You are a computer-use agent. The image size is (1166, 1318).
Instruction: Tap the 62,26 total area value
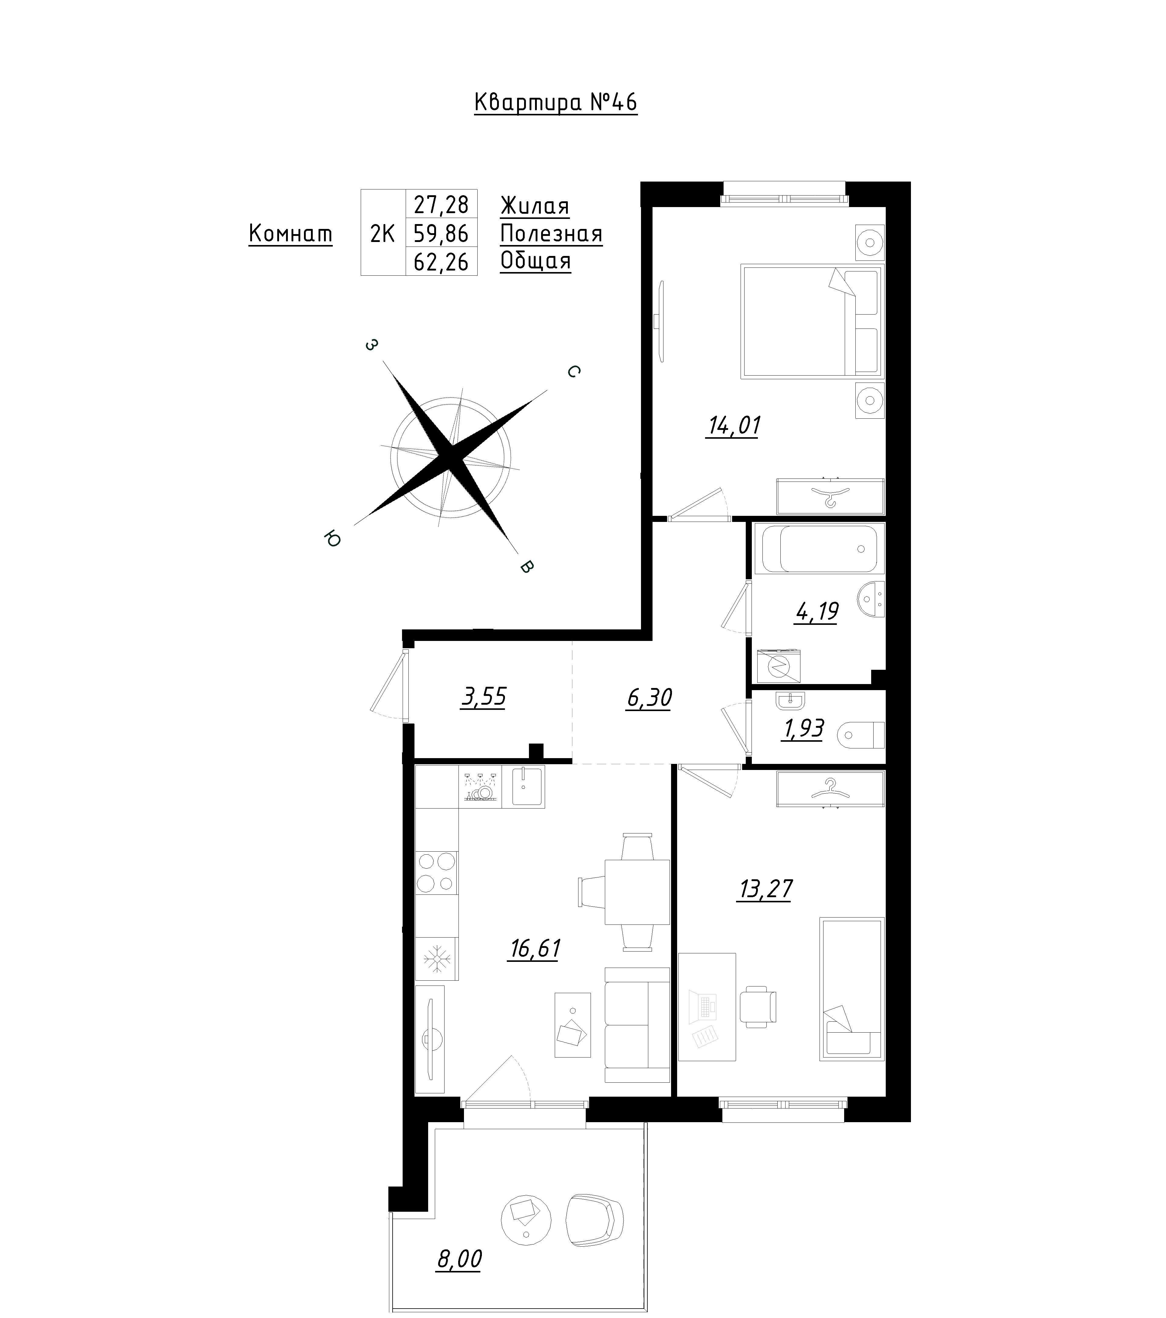pos(441,262)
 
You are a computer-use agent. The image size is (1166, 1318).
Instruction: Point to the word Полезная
pos(551,233)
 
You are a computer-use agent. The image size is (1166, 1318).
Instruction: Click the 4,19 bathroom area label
pos(817,611)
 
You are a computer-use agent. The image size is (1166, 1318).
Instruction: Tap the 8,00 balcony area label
pos(459,1259)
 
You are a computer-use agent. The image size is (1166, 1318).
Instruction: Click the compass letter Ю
pos(332,538)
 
